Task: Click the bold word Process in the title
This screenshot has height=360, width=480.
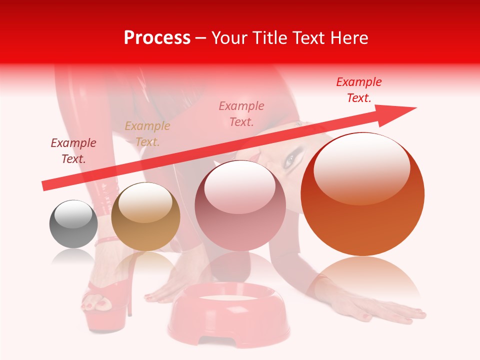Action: tap(157, 38)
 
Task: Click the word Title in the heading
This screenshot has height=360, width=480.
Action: tap(273, 38)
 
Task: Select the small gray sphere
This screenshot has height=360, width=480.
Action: tap(73, 224)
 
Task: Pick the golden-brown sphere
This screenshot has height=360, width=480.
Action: tap(145, 216)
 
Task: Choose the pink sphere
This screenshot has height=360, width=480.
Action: tap(240, 205)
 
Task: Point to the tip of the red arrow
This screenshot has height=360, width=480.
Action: tap(415, 108)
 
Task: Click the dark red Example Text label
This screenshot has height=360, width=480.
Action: tap(73, 151)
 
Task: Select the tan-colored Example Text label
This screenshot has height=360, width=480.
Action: tap(147, 134)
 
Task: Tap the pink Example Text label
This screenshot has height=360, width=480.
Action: tap(241, 113)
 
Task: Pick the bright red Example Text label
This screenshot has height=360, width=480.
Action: tap(359, 90)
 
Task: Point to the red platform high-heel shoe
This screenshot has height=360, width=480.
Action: tap(102, 305)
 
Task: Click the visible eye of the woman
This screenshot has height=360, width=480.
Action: tap(290, 160)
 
